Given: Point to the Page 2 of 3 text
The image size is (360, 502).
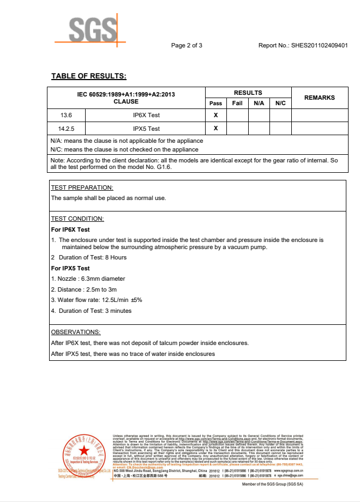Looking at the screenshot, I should coord(187,45).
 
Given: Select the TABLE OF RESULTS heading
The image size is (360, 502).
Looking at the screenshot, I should coord(88,76).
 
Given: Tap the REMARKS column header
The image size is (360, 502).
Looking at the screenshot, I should coord(319,98).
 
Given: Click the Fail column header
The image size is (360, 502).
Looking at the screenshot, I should coord(237,103).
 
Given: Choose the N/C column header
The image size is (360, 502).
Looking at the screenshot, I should coord(280,103).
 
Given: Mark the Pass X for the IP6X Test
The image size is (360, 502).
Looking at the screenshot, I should coord(215,115).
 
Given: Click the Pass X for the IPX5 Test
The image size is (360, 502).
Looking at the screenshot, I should coord(215,129).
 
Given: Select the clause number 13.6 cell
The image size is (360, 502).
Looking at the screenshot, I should coord(67,115).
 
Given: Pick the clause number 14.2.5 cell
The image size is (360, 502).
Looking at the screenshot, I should coord(67,129).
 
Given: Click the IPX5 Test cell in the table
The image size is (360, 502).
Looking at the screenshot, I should coord(146,129).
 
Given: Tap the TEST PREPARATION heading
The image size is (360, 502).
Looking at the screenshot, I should coord(82,188).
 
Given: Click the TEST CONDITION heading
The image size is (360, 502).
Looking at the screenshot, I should coord(77,219).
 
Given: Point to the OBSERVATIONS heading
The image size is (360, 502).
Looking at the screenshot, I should coord(76,332).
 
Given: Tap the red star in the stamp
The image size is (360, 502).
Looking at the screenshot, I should coord(83,450).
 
